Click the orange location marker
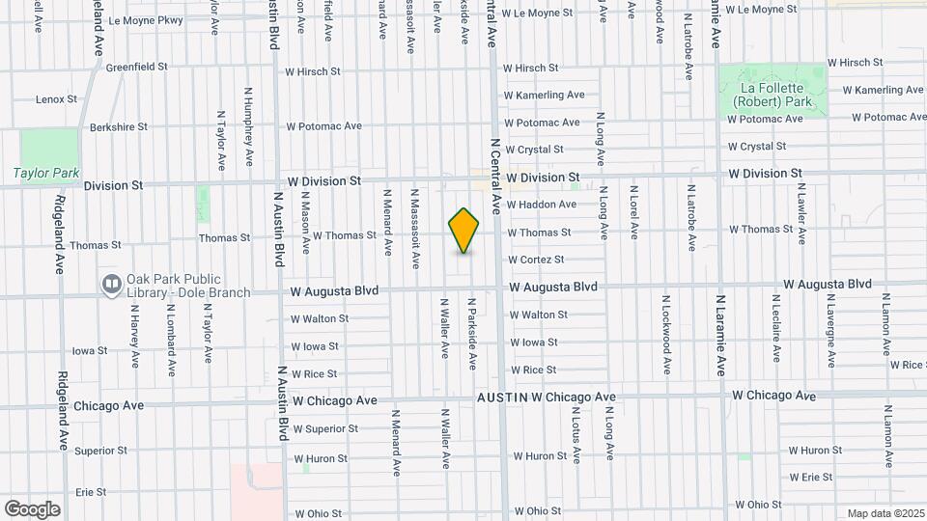(464, 231)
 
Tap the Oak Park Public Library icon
(110, 284)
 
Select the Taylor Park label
(45, 174)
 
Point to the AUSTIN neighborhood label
(501, 398)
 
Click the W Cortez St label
(536, 260)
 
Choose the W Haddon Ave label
(541, 205)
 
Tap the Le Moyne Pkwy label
(146, 19)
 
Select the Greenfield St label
(136, 68)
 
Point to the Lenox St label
(56, 99)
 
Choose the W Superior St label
(325, 428)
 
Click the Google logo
(32, 508)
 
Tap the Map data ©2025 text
(885, 512)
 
